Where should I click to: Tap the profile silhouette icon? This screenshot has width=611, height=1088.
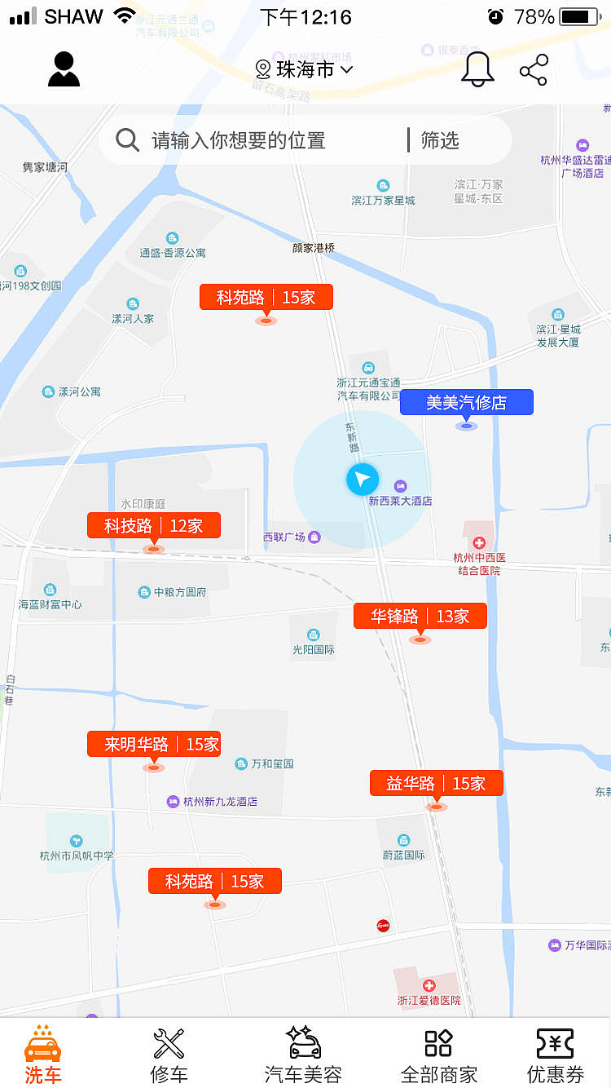[64, 69]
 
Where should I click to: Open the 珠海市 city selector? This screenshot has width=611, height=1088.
[305, 69]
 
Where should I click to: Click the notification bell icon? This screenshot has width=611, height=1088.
[477, 69]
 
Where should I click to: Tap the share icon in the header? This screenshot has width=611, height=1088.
[534, 70]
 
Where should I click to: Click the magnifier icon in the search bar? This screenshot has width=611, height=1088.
[127, 140]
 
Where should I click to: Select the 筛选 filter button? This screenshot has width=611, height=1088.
[440, 140]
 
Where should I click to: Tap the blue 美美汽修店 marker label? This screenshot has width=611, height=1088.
[466, 402]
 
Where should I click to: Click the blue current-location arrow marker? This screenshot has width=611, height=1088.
[363, 480]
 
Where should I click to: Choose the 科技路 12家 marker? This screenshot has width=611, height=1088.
[154, 526]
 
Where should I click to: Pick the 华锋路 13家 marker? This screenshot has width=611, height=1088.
[420, 617]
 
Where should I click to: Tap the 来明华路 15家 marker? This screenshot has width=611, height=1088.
[154, 744]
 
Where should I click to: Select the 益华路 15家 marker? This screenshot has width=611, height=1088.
[437, 783]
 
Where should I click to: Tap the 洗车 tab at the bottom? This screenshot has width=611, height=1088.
[42, 1055]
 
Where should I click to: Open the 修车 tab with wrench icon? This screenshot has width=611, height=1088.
[169, 1055]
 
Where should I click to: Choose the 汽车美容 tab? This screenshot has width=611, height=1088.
[303, 1055]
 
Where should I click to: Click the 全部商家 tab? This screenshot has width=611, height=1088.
[438, 1055]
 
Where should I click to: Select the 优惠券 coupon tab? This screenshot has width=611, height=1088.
[555, 1055]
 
